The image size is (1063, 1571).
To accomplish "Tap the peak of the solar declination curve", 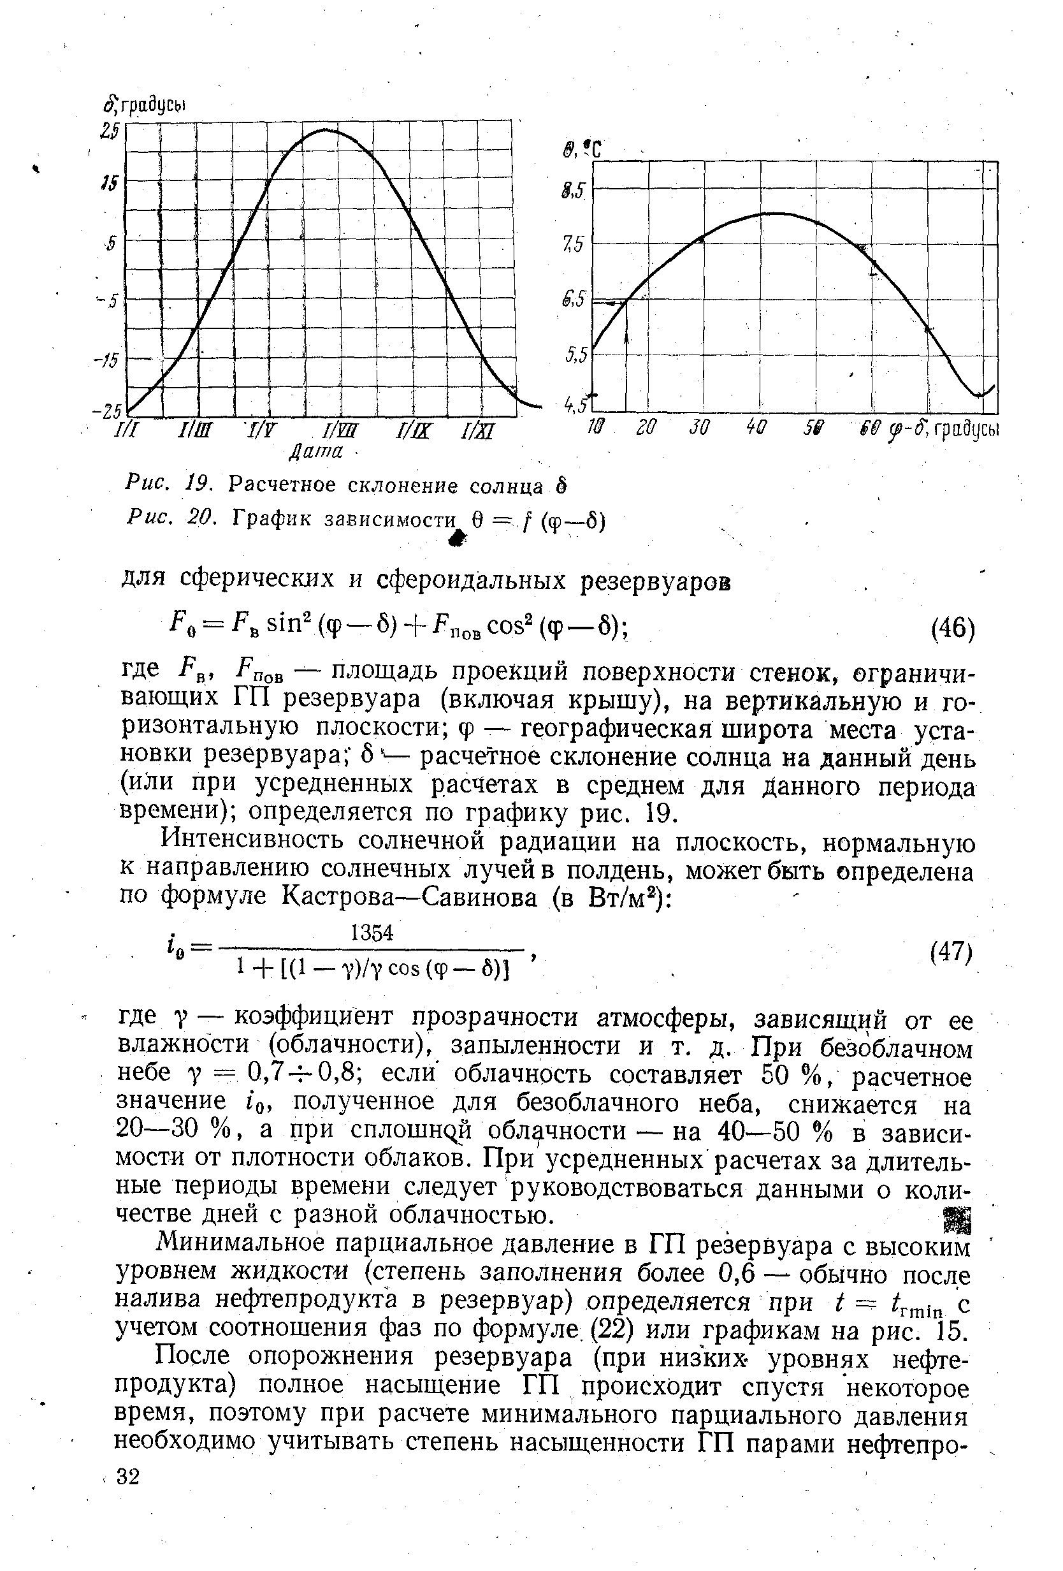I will tap(324, 129).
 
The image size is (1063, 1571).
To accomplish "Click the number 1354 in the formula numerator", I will tap(372, 933).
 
